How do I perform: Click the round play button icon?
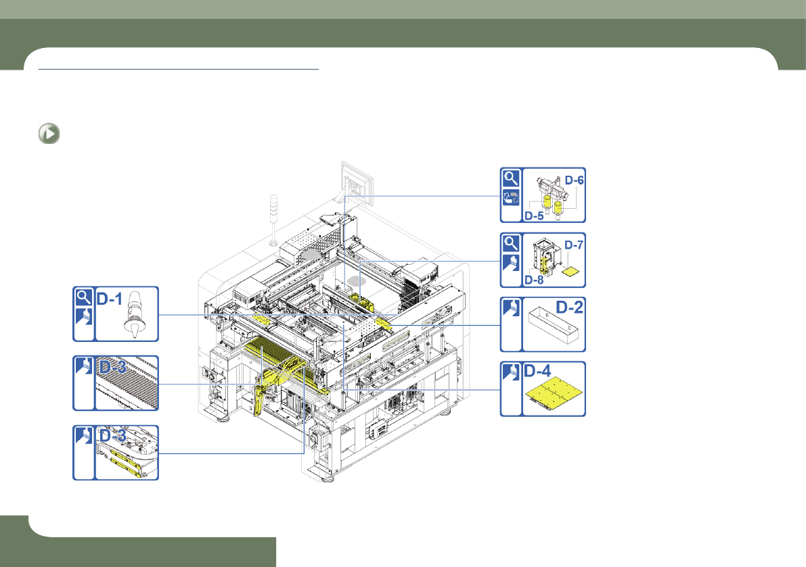tap(49, 134)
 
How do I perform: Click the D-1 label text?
tap(110, 299)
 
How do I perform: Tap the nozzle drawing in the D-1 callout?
tap(133, 314)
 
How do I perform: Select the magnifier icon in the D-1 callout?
tap(83, 297)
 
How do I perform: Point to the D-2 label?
tap(570, 307)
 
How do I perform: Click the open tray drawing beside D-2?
tap(554, 325)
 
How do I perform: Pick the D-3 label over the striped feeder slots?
tap(112, 367)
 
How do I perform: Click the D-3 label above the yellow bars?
tap(112, 436)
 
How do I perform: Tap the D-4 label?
tap(537, 371)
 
